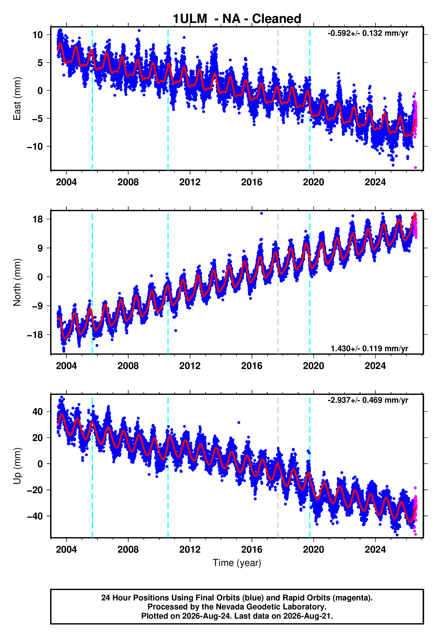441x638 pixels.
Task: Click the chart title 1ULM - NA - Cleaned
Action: pos(237,19)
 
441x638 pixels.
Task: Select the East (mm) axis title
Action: pos(17,99)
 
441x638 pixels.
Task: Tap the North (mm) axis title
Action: pos(17,282)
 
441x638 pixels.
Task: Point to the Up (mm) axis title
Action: pos(17,466)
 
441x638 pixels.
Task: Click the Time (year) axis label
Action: pos(237,563)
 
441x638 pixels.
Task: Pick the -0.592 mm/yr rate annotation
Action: pos(368,34)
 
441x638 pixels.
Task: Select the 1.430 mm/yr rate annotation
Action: pos(370,348)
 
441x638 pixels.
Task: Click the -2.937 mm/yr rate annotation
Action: pos(368,400)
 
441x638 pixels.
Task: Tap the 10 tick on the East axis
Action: pos(38,35)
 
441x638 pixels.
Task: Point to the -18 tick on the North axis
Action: pos(35,335)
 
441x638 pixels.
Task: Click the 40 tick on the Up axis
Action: pos(38,412)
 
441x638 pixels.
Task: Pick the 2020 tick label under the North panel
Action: pos(313,366)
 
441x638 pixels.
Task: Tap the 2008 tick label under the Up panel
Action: pos(128,549)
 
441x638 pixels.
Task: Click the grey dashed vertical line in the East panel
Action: pos(278,99)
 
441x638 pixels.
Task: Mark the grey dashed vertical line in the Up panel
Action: pos(278,466)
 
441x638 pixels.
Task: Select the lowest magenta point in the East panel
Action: pos(415,168)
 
